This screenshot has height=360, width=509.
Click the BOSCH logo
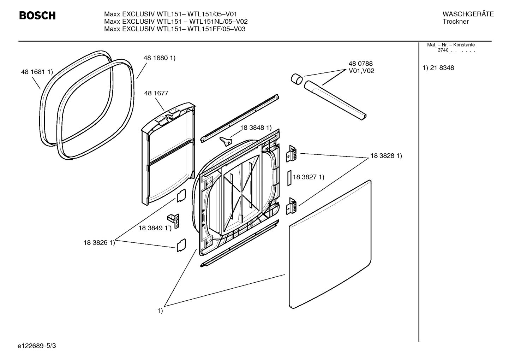[x=37, y=16]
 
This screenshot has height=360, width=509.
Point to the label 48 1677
[x=156, y=93]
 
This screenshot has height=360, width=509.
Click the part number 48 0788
[x=360, y=64]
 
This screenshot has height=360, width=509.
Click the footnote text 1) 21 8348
[x=438, y=68]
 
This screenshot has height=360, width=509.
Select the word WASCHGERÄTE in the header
[x=468, y=14]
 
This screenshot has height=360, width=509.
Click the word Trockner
[x=456, y=22]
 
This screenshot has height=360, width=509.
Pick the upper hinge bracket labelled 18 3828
[x=292, y=154]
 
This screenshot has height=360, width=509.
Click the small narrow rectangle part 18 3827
[x=288, y=178]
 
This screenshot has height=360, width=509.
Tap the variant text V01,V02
[x=361, y=71]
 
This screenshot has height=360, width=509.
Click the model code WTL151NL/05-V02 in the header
[x=217, y=22]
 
